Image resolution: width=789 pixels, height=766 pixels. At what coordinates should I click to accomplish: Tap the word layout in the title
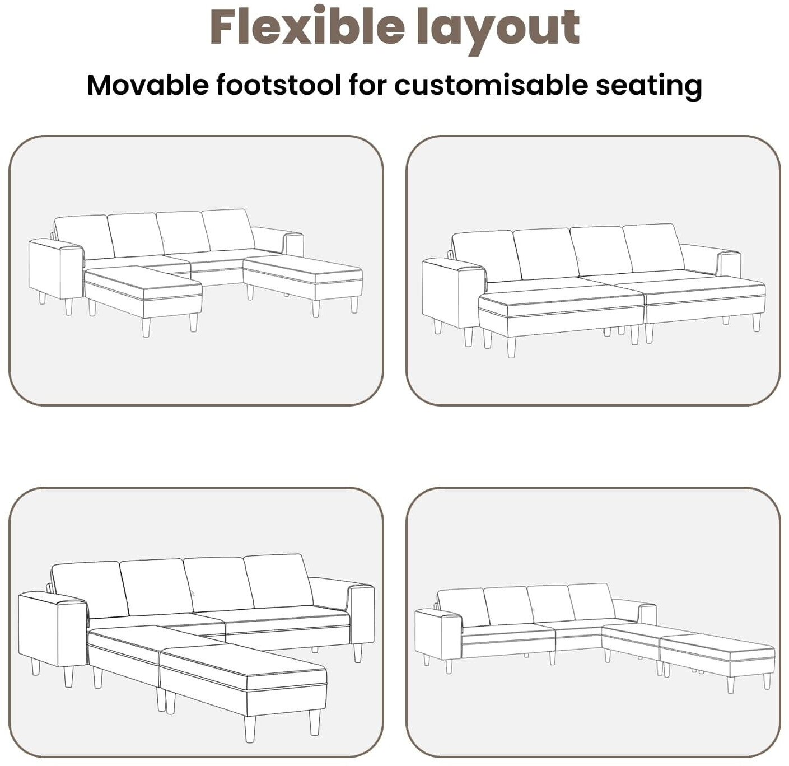[498, 30]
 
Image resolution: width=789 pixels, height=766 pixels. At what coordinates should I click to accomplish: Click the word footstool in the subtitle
[278, 85]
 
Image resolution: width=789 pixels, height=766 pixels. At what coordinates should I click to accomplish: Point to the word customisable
[491, 85]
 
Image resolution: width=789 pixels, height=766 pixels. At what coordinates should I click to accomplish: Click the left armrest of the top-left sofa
[56, 270]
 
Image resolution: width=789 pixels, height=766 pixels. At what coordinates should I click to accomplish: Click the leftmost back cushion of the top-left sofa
[85, 236]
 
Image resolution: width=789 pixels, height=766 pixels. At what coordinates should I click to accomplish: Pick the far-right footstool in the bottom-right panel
[717, 656]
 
